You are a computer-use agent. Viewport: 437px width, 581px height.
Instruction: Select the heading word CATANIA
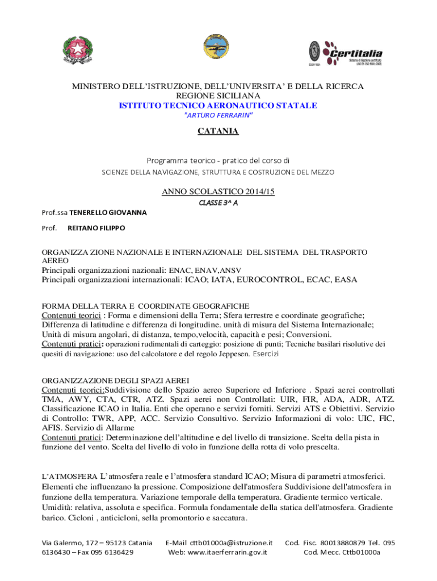coord(218,132)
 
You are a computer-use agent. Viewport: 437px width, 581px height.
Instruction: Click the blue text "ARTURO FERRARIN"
coord(218,115)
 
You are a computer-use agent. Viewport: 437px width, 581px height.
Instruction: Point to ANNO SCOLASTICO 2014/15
coord(218,192)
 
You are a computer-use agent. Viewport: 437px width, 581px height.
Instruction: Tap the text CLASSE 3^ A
coord(218,203)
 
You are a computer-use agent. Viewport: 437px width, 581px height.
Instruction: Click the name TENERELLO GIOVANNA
coord(108,213)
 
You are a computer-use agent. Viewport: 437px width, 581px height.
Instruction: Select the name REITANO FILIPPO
coord(96,228)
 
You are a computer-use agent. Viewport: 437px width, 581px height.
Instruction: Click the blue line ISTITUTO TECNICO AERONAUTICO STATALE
coord(218,106)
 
